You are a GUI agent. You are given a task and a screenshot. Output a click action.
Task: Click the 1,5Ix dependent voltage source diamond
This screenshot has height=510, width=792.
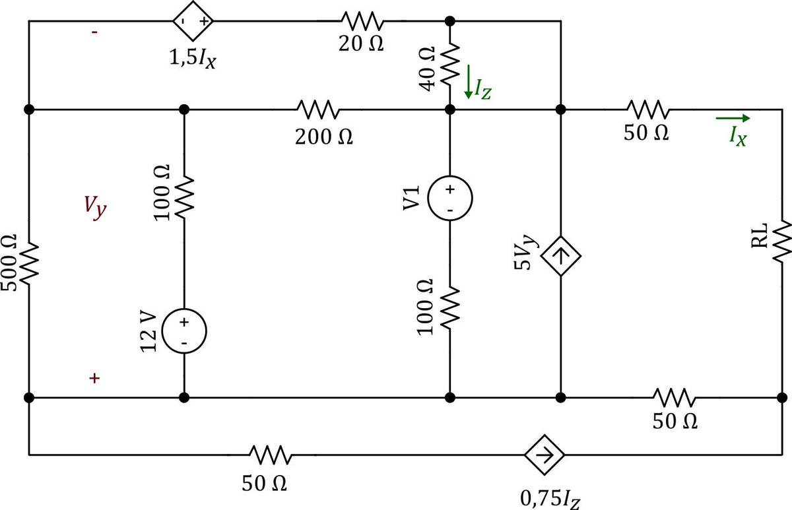193,21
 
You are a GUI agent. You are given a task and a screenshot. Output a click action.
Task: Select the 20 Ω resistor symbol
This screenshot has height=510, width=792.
359,21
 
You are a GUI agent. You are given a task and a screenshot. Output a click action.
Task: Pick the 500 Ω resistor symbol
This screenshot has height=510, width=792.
29,263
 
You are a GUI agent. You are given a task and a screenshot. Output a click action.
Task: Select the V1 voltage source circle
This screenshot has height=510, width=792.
449,198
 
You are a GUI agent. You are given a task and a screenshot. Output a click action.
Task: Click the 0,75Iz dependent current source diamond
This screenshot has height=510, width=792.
545,455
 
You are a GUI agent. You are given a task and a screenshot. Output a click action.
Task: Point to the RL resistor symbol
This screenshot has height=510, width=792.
782,241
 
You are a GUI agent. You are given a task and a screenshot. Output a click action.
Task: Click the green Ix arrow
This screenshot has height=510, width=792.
733,119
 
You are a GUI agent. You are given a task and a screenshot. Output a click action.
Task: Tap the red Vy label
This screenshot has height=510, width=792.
94,208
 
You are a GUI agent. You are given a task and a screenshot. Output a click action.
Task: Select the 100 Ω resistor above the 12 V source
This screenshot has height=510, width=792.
184,196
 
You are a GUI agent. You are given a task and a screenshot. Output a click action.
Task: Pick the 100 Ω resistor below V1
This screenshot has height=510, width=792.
449,307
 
